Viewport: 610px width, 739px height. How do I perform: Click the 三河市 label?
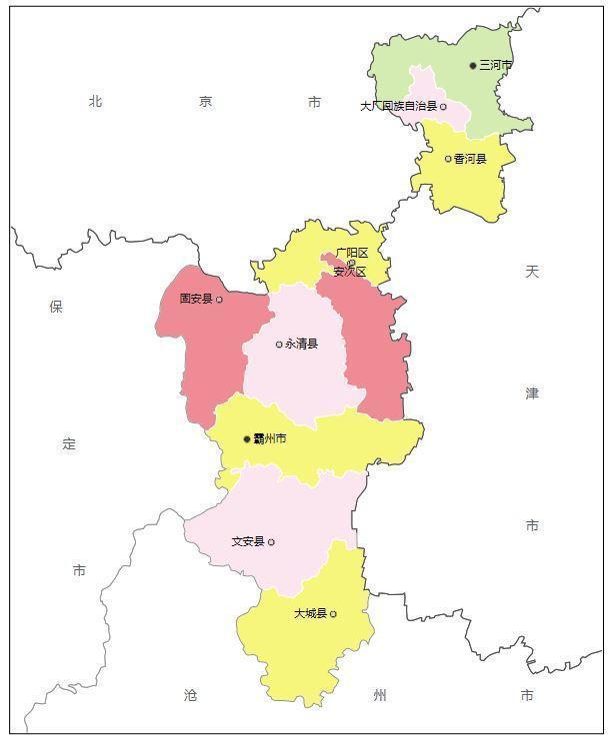point(496,65)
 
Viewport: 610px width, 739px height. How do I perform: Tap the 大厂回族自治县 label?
point(398,105)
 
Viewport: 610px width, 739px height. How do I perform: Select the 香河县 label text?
point(470,159)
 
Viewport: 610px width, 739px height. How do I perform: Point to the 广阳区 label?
point(352,253)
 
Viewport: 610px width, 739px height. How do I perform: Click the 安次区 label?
point(350,271)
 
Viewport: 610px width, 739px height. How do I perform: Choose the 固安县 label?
point(196,299)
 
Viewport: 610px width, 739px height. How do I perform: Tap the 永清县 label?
point(301,345)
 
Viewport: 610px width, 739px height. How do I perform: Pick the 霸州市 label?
point(270,438)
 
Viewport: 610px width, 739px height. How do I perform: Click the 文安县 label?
point(248,541)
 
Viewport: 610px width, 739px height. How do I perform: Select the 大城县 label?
point(310,613)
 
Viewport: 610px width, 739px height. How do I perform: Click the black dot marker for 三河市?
point(474,65)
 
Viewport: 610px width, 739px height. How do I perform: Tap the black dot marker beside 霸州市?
point(247,438)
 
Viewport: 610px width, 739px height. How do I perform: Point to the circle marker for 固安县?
point(219,299)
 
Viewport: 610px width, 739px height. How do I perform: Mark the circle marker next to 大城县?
point(333,613)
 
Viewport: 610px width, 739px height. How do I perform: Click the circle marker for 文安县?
point(271,542)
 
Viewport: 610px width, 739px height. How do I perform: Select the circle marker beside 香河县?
point(448,159)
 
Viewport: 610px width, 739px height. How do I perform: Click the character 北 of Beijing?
point(96,101)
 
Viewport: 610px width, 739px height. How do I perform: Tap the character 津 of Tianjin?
point(532,393)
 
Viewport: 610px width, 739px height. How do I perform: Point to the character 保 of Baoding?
point(56,307)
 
